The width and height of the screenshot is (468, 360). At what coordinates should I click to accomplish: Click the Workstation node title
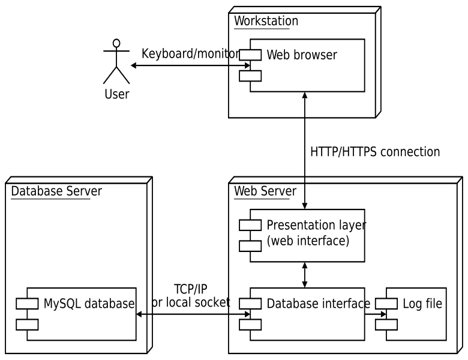coord(266,22)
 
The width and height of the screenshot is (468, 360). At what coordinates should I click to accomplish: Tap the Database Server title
coord(56,191)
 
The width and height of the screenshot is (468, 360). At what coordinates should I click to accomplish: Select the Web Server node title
coord(265,191)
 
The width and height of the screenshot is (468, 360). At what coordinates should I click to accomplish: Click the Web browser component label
coord(302,55)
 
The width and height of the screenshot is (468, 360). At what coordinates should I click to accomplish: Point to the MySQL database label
coord(89,304)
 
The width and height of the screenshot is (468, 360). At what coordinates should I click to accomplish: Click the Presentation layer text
coord(316,226)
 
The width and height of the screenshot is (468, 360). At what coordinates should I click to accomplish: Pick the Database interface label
coord(318,304)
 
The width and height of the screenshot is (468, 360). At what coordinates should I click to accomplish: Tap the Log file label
coord(422,304)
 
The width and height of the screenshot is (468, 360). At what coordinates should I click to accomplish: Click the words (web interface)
coord(307,241)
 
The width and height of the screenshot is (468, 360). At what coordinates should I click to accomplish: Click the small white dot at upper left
coord(116,43)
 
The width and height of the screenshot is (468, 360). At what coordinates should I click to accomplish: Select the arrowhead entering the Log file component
coord(383,313)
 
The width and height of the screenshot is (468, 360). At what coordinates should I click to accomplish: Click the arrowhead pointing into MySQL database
coord(140,314)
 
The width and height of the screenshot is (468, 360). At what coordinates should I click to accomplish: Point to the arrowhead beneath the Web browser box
coord(305,95)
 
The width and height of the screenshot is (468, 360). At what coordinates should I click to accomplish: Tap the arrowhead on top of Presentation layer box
coord(305,206)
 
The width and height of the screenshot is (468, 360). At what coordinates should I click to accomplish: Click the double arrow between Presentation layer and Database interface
coord(305,275)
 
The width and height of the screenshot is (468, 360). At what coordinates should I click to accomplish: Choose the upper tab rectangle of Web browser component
coord(250,55)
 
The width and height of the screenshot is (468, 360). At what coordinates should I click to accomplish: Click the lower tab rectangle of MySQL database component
coord(27,325)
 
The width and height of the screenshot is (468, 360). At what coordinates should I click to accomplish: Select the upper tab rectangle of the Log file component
coord(386,304)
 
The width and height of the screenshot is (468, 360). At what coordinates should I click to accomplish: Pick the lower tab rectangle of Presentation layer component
coord(250,246)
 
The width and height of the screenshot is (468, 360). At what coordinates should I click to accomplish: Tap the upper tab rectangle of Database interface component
coord(250,304)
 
